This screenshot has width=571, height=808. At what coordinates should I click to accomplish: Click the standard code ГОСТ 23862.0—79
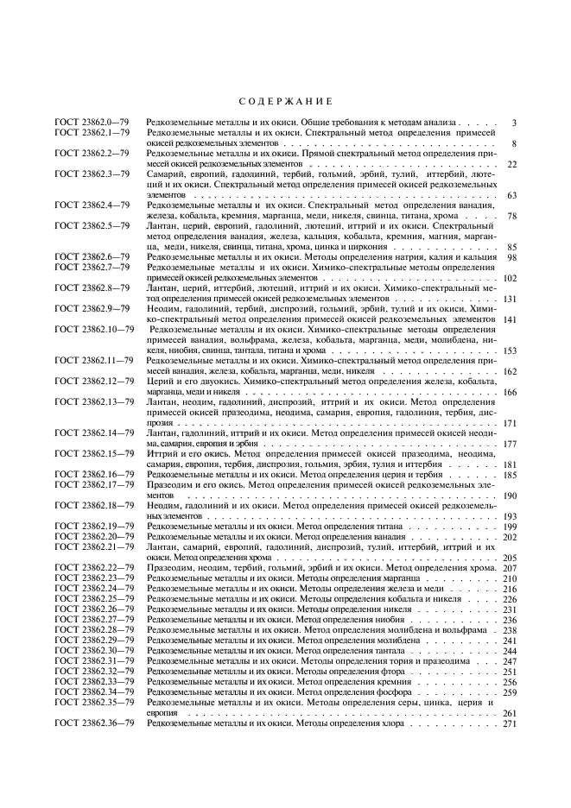pos(92,123)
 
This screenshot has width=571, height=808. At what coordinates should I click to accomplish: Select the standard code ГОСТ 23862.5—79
pos(92,225)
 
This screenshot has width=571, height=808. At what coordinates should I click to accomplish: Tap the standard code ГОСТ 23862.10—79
pos(93,329)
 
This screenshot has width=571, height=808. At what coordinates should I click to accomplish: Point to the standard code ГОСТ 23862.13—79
pos(93,401)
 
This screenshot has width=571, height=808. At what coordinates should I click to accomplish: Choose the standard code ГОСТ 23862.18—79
pos(93,505)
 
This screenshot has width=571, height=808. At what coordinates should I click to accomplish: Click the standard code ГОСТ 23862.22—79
pos(93,567)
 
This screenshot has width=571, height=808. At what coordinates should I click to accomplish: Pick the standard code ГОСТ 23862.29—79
pos(93,641)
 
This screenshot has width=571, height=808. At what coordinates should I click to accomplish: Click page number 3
pos(513,123)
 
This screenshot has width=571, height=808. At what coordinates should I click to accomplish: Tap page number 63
pos(511,195)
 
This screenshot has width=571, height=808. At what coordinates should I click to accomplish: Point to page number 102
pos(509,278)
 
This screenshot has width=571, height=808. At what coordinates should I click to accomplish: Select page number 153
pos(509,350)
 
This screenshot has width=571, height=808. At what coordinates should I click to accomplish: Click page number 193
pos(509,515)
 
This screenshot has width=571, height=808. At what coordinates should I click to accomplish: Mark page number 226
pos(509,599)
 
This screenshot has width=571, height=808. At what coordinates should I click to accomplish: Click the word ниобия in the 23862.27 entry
pos(377,620)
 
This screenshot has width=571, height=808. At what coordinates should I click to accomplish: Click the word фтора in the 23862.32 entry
pos(375,672)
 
